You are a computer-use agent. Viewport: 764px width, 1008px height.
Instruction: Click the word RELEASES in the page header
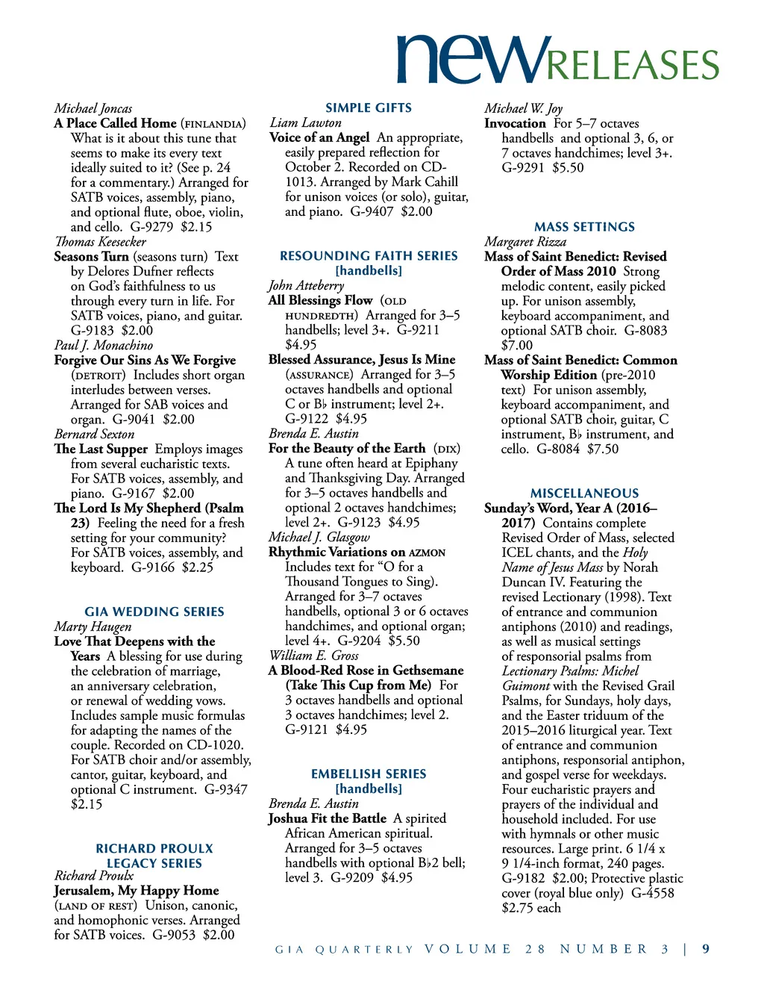pos(633,65)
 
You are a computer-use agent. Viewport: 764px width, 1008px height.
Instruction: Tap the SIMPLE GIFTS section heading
pos(369,108)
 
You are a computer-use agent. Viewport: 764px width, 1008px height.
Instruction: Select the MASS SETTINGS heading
pos(584,226)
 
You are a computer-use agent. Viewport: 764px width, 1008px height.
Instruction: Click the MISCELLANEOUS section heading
pos(584,493)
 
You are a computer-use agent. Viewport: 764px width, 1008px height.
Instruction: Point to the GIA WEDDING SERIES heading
pos(154,612)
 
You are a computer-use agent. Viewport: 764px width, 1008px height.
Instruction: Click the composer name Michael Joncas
pos(93,108)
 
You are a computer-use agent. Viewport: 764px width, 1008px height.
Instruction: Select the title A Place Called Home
pos(116,123)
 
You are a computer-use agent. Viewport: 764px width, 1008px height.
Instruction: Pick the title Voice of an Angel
pos(319,137)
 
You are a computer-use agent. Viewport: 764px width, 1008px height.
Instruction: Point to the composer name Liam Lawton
pos(306,122)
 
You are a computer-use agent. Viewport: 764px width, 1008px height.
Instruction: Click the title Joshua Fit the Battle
pos(328,818)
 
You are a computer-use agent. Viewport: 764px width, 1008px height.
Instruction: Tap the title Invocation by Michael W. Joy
pos(515,123)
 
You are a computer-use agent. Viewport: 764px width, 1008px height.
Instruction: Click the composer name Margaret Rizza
pos(525,241)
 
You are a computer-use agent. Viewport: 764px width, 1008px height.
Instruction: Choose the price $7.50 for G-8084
pos(603,449)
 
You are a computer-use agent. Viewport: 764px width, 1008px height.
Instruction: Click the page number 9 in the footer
pos(706,949)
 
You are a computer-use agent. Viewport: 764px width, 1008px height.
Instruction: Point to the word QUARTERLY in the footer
pos(364,950)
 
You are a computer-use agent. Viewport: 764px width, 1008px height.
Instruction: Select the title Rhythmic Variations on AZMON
pos(357,552)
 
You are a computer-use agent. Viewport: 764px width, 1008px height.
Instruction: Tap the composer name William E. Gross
pos(313,655)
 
